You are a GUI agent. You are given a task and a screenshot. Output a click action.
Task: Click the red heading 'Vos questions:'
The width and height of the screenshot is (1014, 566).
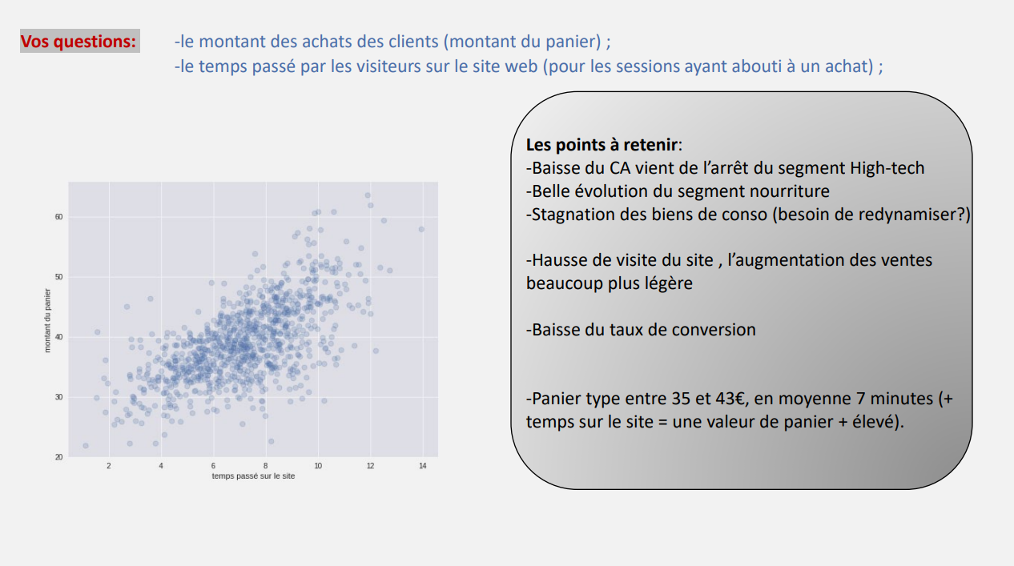(78, 41)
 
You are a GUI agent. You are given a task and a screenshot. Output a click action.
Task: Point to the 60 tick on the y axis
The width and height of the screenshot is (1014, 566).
(58, 217)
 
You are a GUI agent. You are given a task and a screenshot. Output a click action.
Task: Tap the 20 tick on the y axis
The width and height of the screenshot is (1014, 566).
(58, 457)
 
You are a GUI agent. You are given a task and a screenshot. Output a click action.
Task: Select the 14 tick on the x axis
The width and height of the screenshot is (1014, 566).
(422, 466)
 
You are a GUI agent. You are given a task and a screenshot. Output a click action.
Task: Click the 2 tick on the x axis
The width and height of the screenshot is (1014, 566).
(109, 466)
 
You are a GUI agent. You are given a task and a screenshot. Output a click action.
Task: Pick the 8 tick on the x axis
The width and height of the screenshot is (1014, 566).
(266, 466)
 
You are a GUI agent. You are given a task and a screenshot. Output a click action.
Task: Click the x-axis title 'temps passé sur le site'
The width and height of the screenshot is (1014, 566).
(253, 476)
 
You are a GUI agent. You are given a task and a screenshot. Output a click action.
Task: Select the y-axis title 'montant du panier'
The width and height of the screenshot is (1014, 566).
(47, 321)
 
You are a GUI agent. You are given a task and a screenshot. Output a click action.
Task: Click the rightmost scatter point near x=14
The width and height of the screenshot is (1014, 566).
(421, 230)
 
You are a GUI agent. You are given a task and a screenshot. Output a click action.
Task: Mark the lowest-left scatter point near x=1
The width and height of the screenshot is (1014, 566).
(86, 446)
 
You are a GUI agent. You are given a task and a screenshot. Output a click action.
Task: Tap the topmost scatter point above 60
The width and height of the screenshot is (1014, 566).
(368, 195)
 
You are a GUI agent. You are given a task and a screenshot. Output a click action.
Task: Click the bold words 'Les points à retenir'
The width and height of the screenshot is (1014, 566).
(602, 145)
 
